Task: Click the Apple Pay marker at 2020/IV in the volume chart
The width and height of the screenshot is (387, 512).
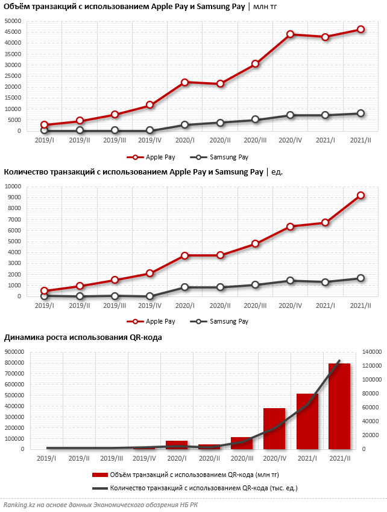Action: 291,34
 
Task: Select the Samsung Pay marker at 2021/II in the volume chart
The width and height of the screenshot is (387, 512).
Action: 360,114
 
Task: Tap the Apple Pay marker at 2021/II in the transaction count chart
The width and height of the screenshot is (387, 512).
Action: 360,195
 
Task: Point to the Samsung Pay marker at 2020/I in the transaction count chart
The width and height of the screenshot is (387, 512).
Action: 184,287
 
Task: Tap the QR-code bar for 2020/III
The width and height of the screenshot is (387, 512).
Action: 242,443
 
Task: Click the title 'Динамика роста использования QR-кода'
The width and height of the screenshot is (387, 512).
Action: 83,338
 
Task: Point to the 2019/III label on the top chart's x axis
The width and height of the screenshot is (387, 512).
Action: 115,140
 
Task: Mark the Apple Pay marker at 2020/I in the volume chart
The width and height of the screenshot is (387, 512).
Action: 184,82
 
